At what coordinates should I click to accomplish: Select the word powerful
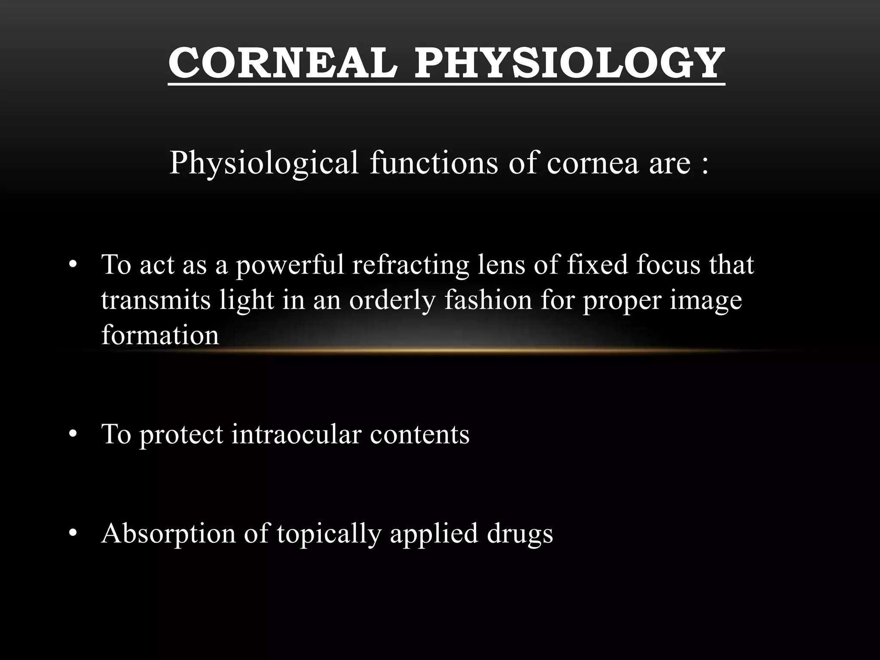pos(290,265)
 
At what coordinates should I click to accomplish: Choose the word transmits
pos(156,300)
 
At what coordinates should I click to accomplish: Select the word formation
pos(160,335)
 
